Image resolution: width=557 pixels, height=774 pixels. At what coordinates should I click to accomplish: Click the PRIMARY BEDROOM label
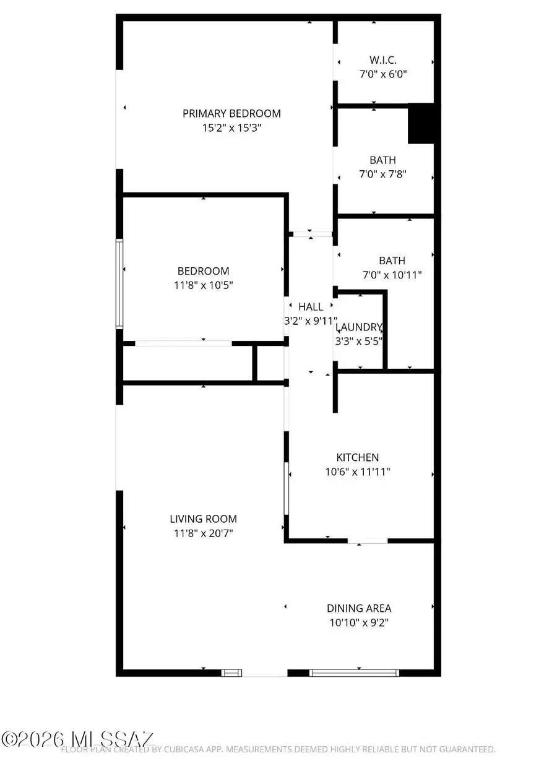231,113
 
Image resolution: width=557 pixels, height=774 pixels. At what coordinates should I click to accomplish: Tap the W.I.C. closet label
383,60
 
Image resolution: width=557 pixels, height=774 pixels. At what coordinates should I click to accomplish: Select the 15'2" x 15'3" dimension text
231,128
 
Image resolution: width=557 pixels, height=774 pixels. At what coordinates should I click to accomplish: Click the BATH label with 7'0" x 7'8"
383,160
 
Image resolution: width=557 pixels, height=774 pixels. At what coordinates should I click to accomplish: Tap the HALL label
311,306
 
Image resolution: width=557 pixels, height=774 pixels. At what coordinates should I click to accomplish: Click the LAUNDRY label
359,327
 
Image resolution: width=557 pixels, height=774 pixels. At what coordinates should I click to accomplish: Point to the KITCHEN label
357,457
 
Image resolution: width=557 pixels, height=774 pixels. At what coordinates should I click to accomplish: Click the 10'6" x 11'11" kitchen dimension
358,471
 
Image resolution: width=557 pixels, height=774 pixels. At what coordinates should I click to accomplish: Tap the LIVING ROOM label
204,519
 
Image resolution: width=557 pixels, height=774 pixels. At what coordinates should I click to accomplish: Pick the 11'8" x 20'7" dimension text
204,533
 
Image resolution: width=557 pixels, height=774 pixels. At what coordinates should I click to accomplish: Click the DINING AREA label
359,608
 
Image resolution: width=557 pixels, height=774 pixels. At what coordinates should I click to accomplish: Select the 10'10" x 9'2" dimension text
359,622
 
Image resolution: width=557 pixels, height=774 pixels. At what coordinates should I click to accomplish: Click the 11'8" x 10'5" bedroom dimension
204,285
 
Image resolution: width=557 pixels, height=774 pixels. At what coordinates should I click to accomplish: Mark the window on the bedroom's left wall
119,283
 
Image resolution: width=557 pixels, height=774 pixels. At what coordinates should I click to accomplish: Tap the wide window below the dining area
354,673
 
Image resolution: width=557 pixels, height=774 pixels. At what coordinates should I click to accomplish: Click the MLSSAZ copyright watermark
77,739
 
